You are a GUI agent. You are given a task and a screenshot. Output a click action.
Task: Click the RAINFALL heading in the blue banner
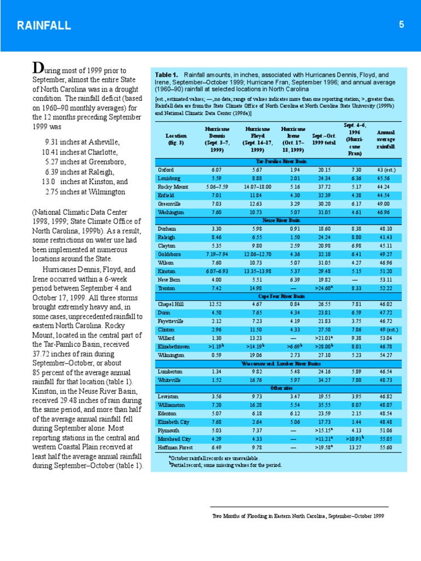pyautogui.click(x=43, y=26)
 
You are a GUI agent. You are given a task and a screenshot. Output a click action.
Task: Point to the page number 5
pyautogui.click(x=401, y=25)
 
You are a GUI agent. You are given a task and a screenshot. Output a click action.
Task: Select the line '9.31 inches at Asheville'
pyautogui.click(x=82, y=142)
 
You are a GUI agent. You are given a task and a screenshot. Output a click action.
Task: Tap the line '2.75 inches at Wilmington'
pyautogui.click(x=85, y=192)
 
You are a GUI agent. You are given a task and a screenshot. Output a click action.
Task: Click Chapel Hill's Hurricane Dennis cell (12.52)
pyautogui.click(x=211, y=304)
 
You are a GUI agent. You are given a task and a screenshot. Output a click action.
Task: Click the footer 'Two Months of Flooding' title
pyautogui.click(x=298, y=516)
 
